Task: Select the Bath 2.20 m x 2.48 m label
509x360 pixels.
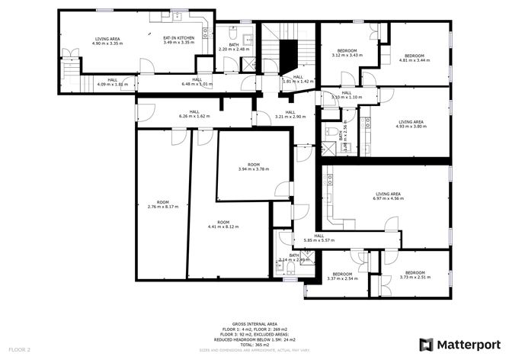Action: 229,47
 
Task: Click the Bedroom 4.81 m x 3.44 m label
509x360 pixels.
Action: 414,58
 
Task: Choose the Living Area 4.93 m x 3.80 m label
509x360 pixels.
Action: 411,124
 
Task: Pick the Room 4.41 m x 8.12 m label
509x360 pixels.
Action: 223,225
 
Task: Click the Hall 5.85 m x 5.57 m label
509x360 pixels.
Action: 319,239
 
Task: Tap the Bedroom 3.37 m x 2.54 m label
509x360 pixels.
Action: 342,276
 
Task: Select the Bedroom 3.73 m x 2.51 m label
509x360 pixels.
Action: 415,275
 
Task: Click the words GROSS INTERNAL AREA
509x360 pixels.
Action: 254,323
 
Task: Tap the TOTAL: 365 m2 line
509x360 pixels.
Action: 254,345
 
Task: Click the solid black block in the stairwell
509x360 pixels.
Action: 287,54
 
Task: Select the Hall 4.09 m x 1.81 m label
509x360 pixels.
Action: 112,82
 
